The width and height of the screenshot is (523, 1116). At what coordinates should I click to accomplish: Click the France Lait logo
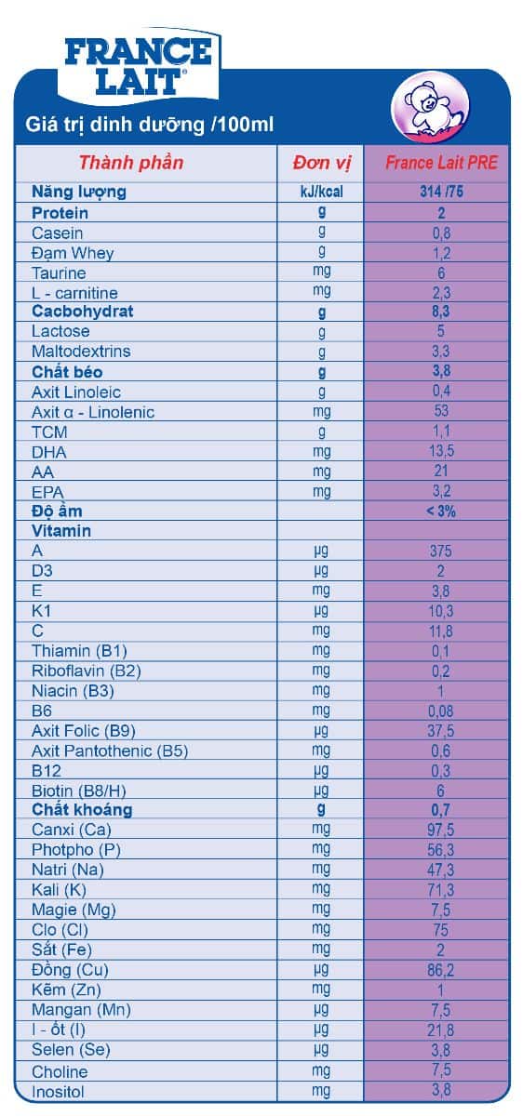click(138, 66)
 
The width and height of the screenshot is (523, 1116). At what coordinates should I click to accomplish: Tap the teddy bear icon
click(430, 107)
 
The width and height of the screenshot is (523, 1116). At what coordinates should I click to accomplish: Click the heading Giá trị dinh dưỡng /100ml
click(150, 125)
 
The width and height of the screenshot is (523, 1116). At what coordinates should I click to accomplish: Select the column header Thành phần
click(131, 163)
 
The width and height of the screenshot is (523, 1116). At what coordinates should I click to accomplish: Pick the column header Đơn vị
click(322, 163)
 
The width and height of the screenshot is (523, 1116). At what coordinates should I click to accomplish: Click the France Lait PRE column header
click(441, 163)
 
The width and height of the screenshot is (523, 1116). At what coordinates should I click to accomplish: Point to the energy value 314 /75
click(441, 192)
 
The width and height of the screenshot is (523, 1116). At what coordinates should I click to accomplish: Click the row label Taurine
click(59, 273)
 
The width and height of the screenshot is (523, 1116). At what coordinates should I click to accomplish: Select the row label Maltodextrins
click(81, 352)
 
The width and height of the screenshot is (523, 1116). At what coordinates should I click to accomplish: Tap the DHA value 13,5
click(441, 451)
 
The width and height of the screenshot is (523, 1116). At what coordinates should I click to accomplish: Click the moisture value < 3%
click(441, 511)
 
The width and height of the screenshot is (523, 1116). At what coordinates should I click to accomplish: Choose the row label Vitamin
click(61, 531)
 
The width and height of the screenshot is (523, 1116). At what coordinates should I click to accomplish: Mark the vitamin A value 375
click(441, 551)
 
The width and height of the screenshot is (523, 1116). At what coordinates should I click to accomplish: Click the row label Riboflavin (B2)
click(87, 671)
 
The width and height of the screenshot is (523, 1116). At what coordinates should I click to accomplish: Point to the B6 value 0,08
click(441, 711)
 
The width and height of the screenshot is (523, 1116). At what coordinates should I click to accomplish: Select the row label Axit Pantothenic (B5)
click(110, 751)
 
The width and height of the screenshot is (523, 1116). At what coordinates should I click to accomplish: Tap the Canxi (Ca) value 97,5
click(441, 830)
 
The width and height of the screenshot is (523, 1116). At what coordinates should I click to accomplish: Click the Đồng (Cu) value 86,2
click(441, 970)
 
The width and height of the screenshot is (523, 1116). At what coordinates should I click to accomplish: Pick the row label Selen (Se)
click(71, 1050)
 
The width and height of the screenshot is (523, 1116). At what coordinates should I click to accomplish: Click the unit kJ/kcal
click(322, 192)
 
